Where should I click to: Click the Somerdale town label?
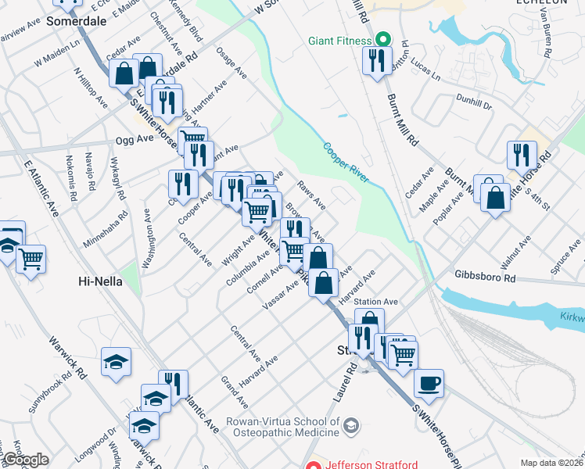click(x=76, y=22)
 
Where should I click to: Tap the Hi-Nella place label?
click(x=100, y=281)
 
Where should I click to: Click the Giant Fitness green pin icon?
click(x=383, y=38)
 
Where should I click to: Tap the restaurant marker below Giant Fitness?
click(x=378, y=62)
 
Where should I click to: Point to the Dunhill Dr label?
click(x=475, y=103)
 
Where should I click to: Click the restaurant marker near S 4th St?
click(x=521, y=156)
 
